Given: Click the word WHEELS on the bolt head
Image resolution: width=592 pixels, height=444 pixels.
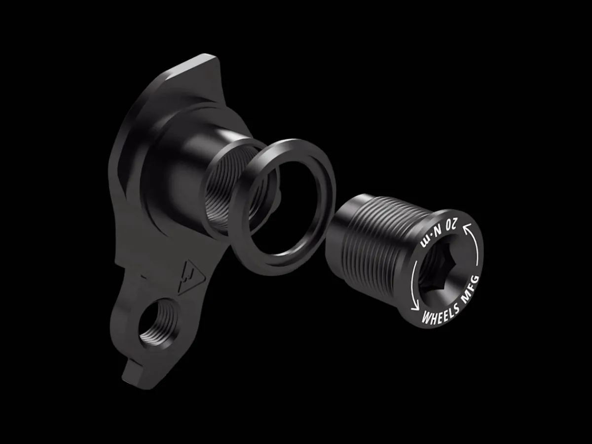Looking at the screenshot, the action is coord(440,314).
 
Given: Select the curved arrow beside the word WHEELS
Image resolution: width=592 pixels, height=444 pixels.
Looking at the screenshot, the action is coord(414,286).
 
